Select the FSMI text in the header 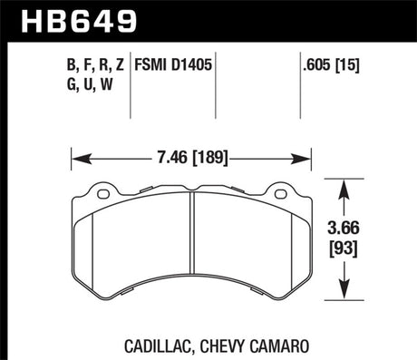153,64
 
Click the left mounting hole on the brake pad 102,191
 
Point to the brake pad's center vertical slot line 191,245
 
